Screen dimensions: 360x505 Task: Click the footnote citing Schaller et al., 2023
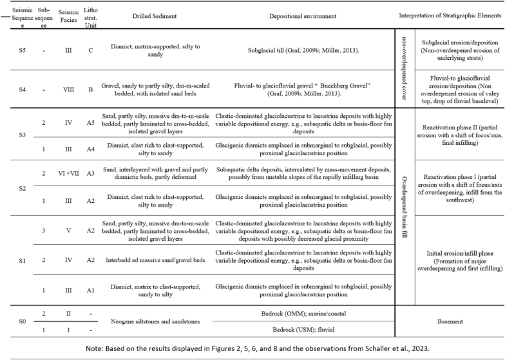coord(252,348)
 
